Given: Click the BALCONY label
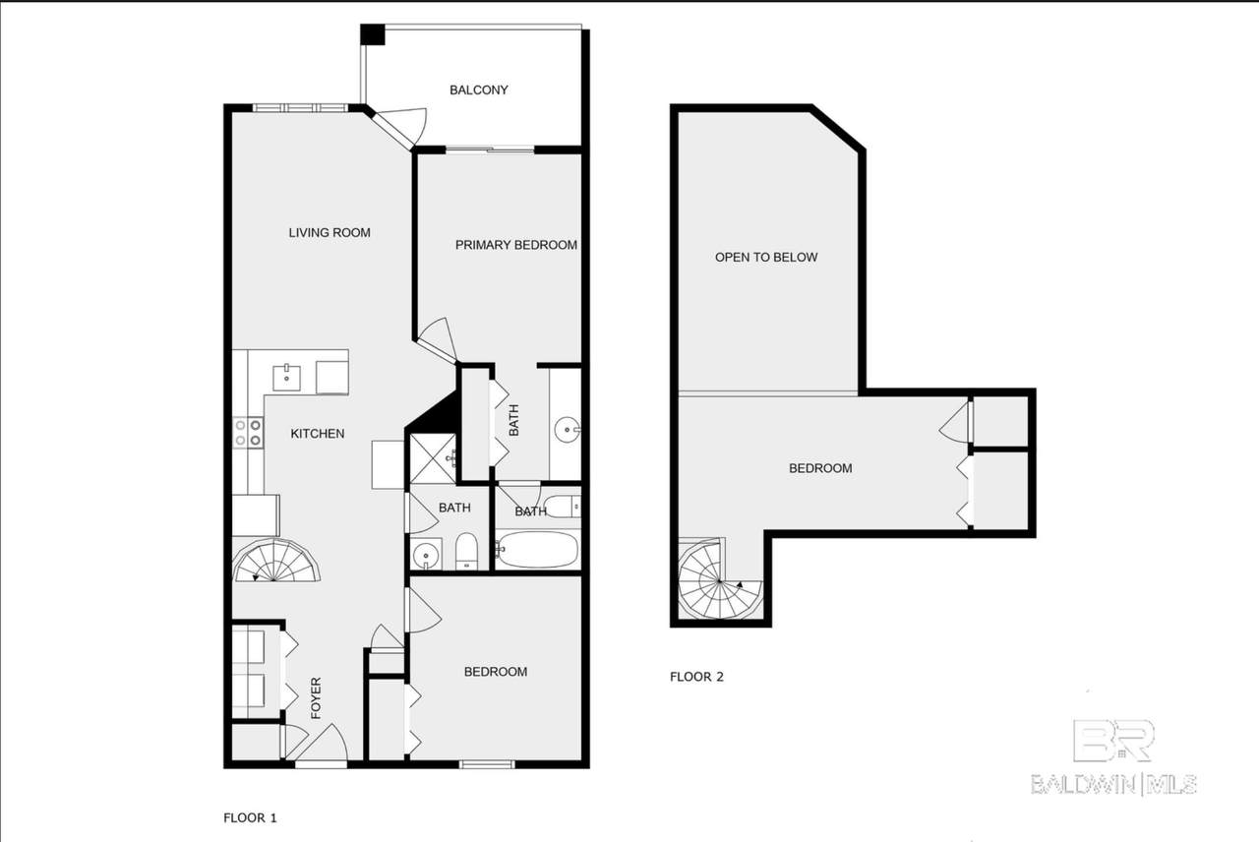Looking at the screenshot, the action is [478, 90].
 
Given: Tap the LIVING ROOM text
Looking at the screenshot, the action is [330, 233].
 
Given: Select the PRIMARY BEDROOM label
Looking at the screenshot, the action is [516, 245].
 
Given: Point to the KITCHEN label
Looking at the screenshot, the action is [318, 434].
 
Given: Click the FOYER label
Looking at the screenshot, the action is [316, 698].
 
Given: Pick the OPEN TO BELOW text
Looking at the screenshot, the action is [766, 258].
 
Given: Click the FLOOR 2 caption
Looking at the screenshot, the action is [696, 677].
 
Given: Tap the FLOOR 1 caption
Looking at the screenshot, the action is [250, 817].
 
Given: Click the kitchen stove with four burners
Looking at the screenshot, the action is [248, 432].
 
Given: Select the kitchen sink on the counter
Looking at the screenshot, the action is [286, 378].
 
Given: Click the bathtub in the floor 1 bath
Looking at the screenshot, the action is [537, 550].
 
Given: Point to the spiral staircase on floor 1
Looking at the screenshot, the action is [276, 561].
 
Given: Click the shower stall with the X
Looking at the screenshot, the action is [433, 458].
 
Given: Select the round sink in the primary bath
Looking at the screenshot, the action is [568, 431].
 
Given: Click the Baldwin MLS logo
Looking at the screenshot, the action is [1113, 757].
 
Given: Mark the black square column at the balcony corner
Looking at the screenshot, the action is [372, 34].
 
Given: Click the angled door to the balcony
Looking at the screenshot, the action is [400, 128].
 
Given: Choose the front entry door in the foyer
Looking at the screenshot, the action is [322, 743].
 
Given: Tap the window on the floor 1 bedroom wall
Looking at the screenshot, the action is [487, 764].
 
